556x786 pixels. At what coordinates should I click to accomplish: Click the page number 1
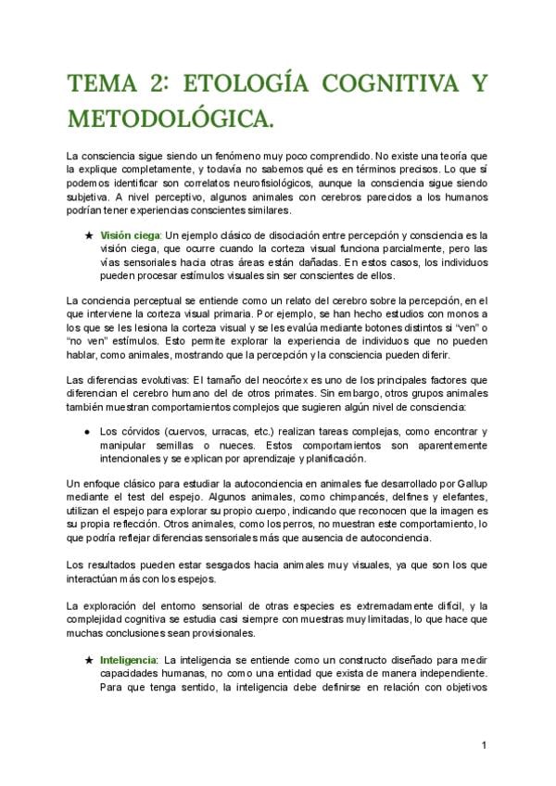click(485, 745)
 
